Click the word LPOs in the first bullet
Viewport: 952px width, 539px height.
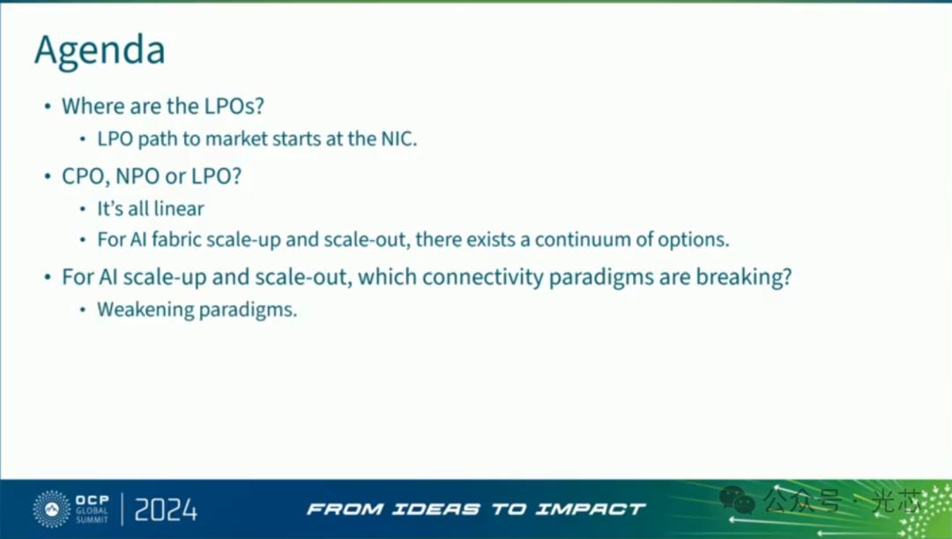[234, 107]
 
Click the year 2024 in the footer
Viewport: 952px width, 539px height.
[166, 509]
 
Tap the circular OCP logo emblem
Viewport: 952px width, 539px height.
[52, 509]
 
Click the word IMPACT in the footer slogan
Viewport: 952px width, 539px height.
[590, 509]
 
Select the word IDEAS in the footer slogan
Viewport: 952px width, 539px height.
[436, 509]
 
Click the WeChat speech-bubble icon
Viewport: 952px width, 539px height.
[737, 501]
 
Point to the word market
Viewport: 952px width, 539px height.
[236, 138]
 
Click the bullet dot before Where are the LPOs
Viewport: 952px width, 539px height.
[48, 107]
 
